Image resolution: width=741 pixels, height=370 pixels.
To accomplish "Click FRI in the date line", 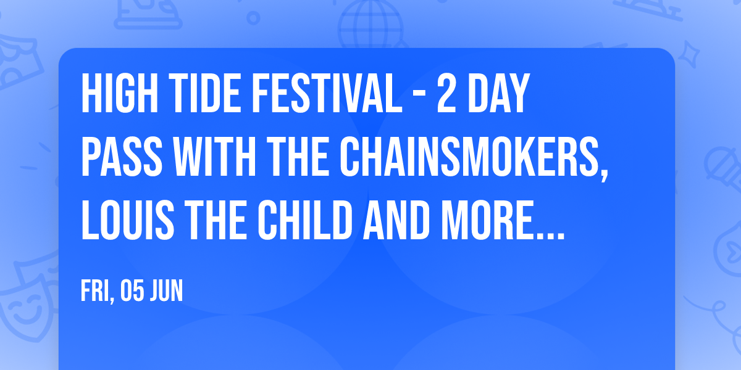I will [95, 291].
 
